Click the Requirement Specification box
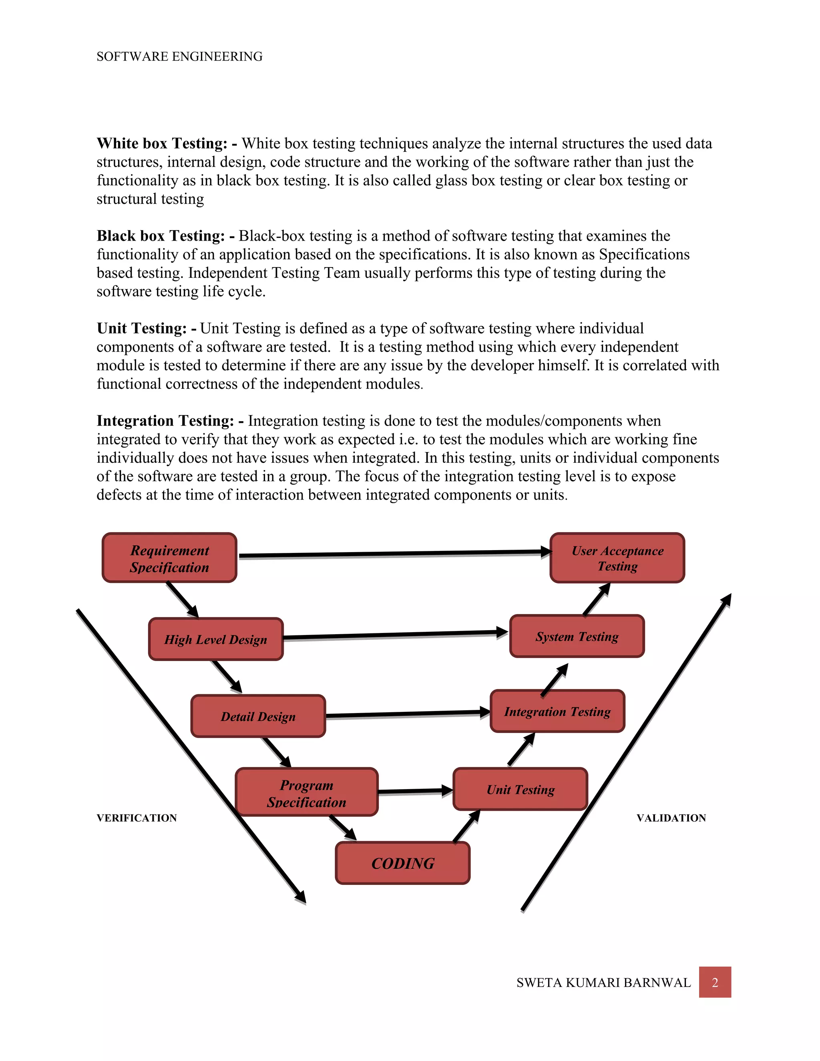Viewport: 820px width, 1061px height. (x=169, y=558)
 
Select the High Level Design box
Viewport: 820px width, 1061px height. (x=216, y=639)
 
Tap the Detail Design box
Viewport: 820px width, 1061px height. (x=258, y=716)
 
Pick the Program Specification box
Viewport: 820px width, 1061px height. (x=307, y=792)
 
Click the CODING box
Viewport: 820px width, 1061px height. (x=403, y=863)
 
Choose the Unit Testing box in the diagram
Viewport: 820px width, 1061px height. (x=520, y=790)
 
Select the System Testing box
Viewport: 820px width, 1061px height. (x=577, y=637)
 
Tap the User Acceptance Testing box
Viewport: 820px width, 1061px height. (x=617, y=558)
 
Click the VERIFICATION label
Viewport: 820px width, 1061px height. (x=137, y=818)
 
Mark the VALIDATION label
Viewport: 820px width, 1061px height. (x=671, y=818)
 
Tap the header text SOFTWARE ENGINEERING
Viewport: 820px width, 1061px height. (x=179, y=57)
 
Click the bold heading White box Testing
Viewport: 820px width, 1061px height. (x=162, y=144)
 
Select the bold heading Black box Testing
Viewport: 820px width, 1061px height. (x=161, y=236)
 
